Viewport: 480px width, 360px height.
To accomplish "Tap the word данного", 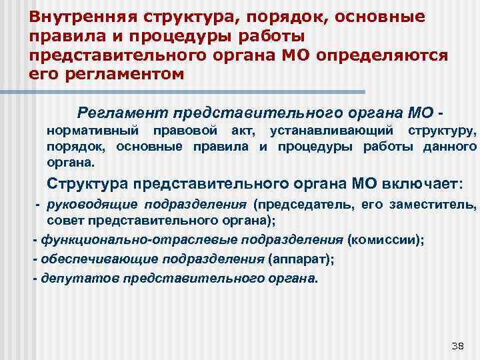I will (x=449, y=146).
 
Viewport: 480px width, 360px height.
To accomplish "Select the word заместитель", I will (x=441, y=204).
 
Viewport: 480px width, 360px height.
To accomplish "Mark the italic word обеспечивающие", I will (x=85, y=259).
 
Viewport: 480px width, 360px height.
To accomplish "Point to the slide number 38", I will (x=457, y=345).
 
